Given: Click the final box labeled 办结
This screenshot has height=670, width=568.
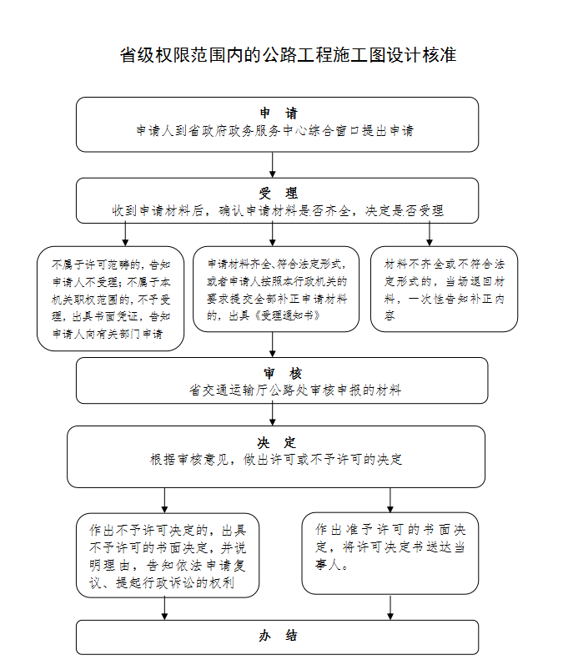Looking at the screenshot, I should pos(278,636).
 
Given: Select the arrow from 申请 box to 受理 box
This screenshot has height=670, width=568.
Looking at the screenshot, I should pos(273,164).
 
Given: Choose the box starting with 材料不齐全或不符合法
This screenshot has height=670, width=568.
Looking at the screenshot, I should pos(444,289).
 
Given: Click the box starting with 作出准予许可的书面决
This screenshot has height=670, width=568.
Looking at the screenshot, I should pos(390,552).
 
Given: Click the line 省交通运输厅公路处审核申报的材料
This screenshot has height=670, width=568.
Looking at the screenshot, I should pos(295,390).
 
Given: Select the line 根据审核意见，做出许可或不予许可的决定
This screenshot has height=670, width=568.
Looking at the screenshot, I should pos(276,460).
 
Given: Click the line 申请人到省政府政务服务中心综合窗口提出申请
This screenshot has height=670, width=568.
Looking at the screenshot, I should pos(275,131).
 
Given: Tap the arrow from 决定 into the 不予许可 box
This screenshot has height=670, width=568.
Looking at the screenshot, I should pos(164,500).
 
